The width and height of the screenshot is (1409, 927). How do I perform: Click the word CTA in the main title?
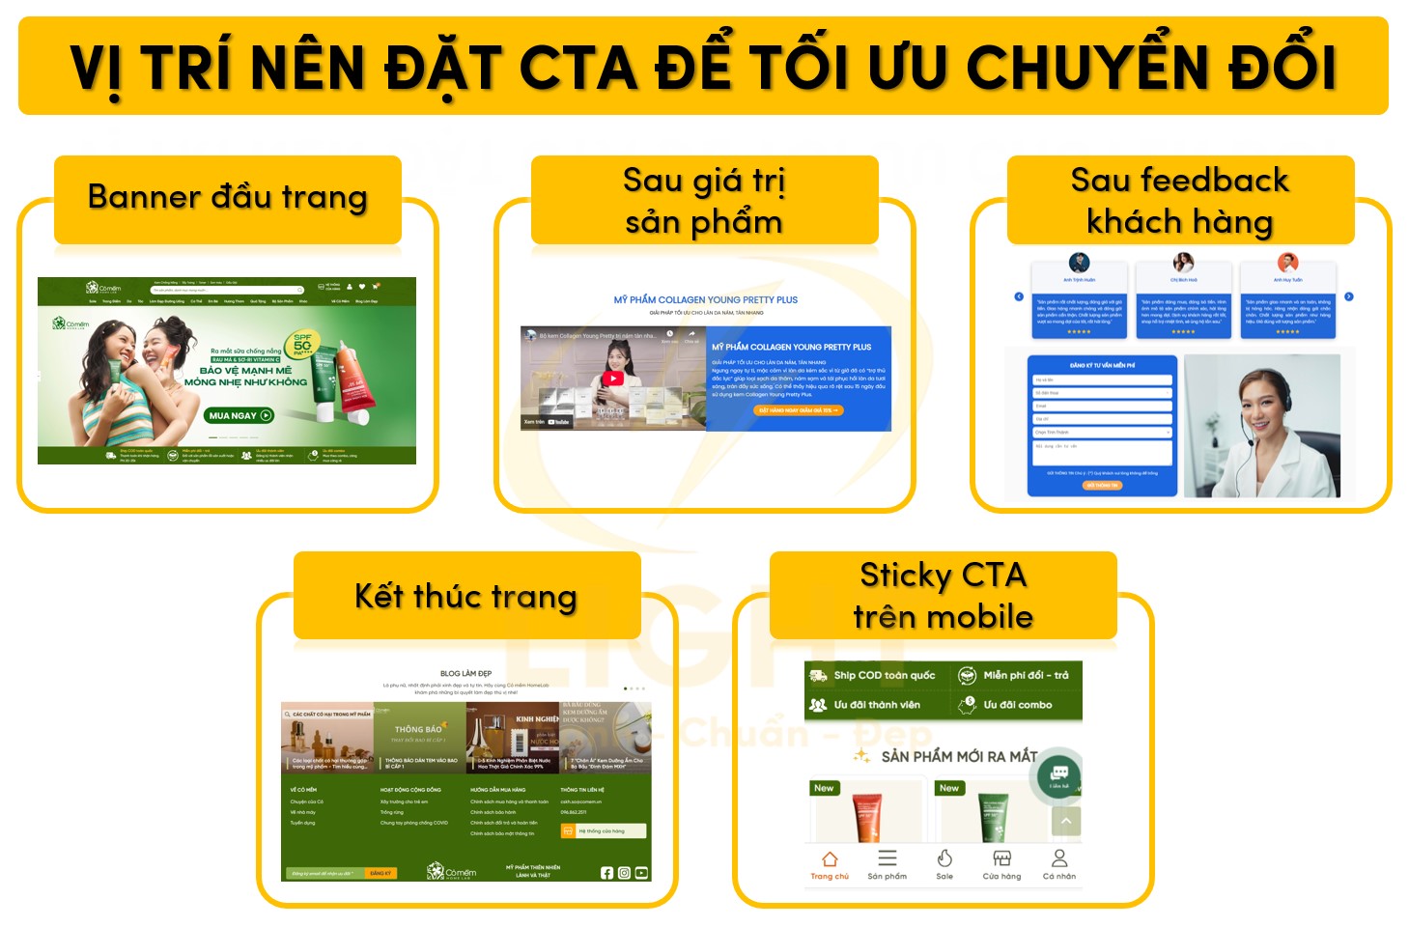[x=578, y=67]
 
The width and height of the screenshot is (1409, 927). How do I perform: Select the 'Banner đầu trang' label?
[x=227, y=197]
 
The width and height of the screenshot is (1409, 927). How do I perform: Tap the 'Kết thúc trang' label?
[x=465, y=596]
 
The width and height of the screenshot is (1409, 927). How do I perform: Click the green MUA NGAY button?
[x=240, y=415]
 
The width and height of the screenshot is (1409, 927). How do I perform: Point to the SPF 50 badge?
[x=302, y=345]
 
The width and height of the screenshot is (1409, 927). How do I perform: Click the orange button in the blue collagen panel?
[x=798, y=410]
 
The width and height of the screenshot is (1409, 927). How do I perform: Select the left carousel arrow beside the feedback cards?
[x=1018, y=296]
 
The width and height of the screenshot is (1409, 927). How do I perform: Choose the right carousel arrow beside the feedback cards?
[x=1349, y=296]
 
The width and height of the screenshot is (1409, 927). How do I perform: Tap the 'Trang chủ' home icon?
[x=829, y=858]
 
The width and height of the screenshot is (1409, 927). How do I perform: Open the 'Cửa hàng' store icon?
[x=1001, y=858]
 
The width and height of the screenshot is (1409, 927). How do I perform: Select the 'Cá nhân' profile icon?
[x=1058, y=858]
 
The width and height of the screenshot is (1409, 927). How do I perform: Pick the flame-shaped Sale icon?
[x=944, y=858]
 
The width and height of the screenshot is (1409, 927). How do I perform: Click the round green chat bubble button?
[x=1058, y=773]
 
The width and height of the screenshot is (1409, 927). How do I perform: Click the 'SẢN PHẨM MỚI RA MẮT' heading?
[x=958, y=756]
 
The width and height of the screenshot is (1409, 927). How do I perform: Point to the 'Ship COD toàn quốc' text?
[x=884, y=676]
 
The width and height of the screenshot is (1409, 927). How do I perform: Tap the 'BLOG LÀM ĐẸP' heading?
[x=465, y=673]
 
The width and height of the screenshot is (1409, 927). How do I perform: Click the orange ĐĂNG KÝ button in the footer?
[x=380, y=873]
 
